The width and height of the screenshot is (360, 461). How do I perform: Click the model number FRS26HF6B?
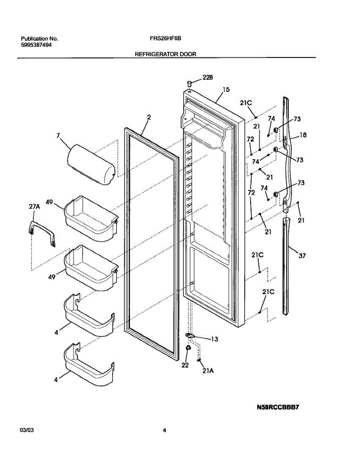165,39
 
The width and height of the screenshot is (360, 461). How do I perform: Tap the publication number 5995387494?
36,45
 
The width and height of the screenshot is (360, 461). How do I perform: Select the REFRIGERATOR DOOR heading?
165,55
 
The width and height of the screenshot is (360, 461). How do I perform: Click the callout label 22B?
207,78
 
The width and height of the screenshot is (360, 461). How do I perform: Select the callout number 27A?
34,207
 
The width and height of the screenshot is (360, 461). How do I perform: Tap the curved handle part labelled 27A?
41,233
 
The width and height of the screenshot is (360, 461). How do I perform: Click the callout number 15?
226,90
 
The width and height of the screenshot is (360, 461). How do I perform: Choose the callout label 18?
303,135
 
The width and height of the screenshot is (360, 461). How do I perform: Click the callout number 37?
302,256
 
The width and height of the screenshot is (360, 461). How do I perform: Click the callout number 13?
214,339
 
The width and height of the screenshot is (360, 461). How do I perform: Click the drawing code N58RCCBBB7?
278,408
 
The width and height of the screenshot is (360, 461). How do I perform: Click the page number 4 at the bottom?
164,431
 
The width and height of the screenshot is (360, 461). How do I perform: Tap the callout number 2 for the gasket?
149,118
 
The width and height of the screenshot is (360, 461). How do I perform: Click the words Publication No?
39,39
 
